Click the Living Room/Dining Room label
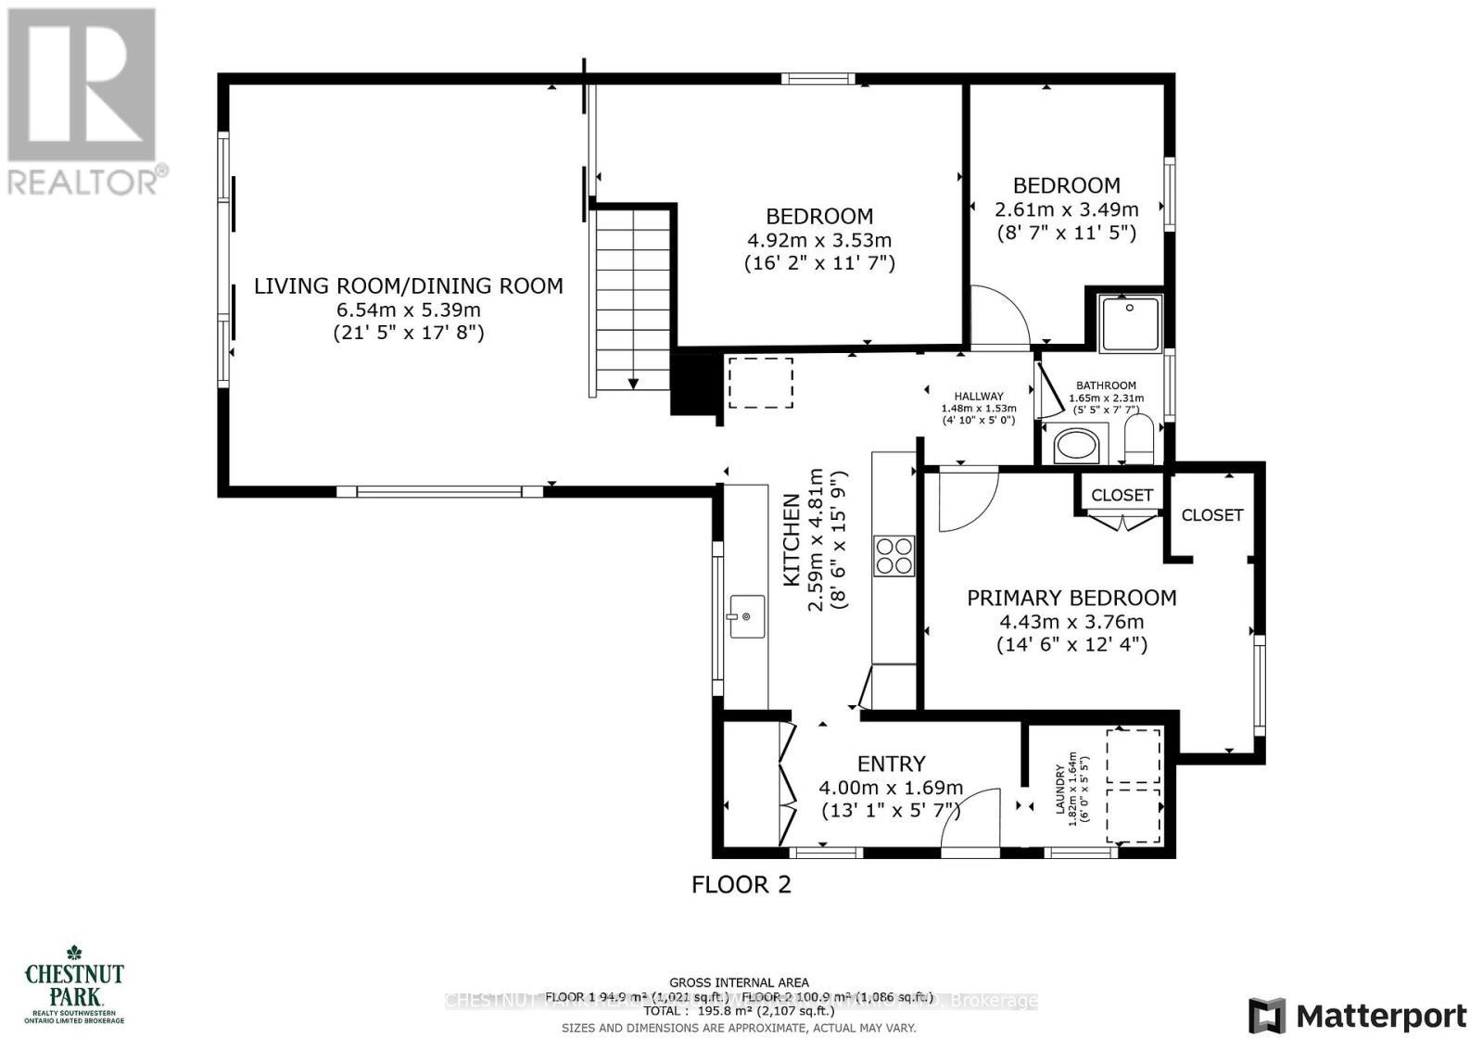[409, 285]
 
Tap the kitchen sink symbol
[745, 616]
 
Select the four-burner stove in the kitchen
[894, 556]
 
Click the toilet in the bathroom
[1138, 440]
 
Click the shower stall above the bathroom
[1130, 322]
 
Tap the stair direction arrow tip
[635, 384]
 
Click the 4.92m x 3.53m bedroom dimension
[819, 240]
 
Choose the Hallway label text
[979, 396]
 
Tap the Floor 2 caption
[741, 884]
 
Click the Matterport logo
[1357, 1016]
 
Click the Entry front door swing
[969, 820]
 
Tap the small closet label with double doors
[1122, 496]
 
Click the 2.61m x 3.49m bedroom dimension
[1066, 209]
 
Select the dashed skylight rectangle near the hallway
[760, 383]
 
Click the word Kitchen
[792, 552]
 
